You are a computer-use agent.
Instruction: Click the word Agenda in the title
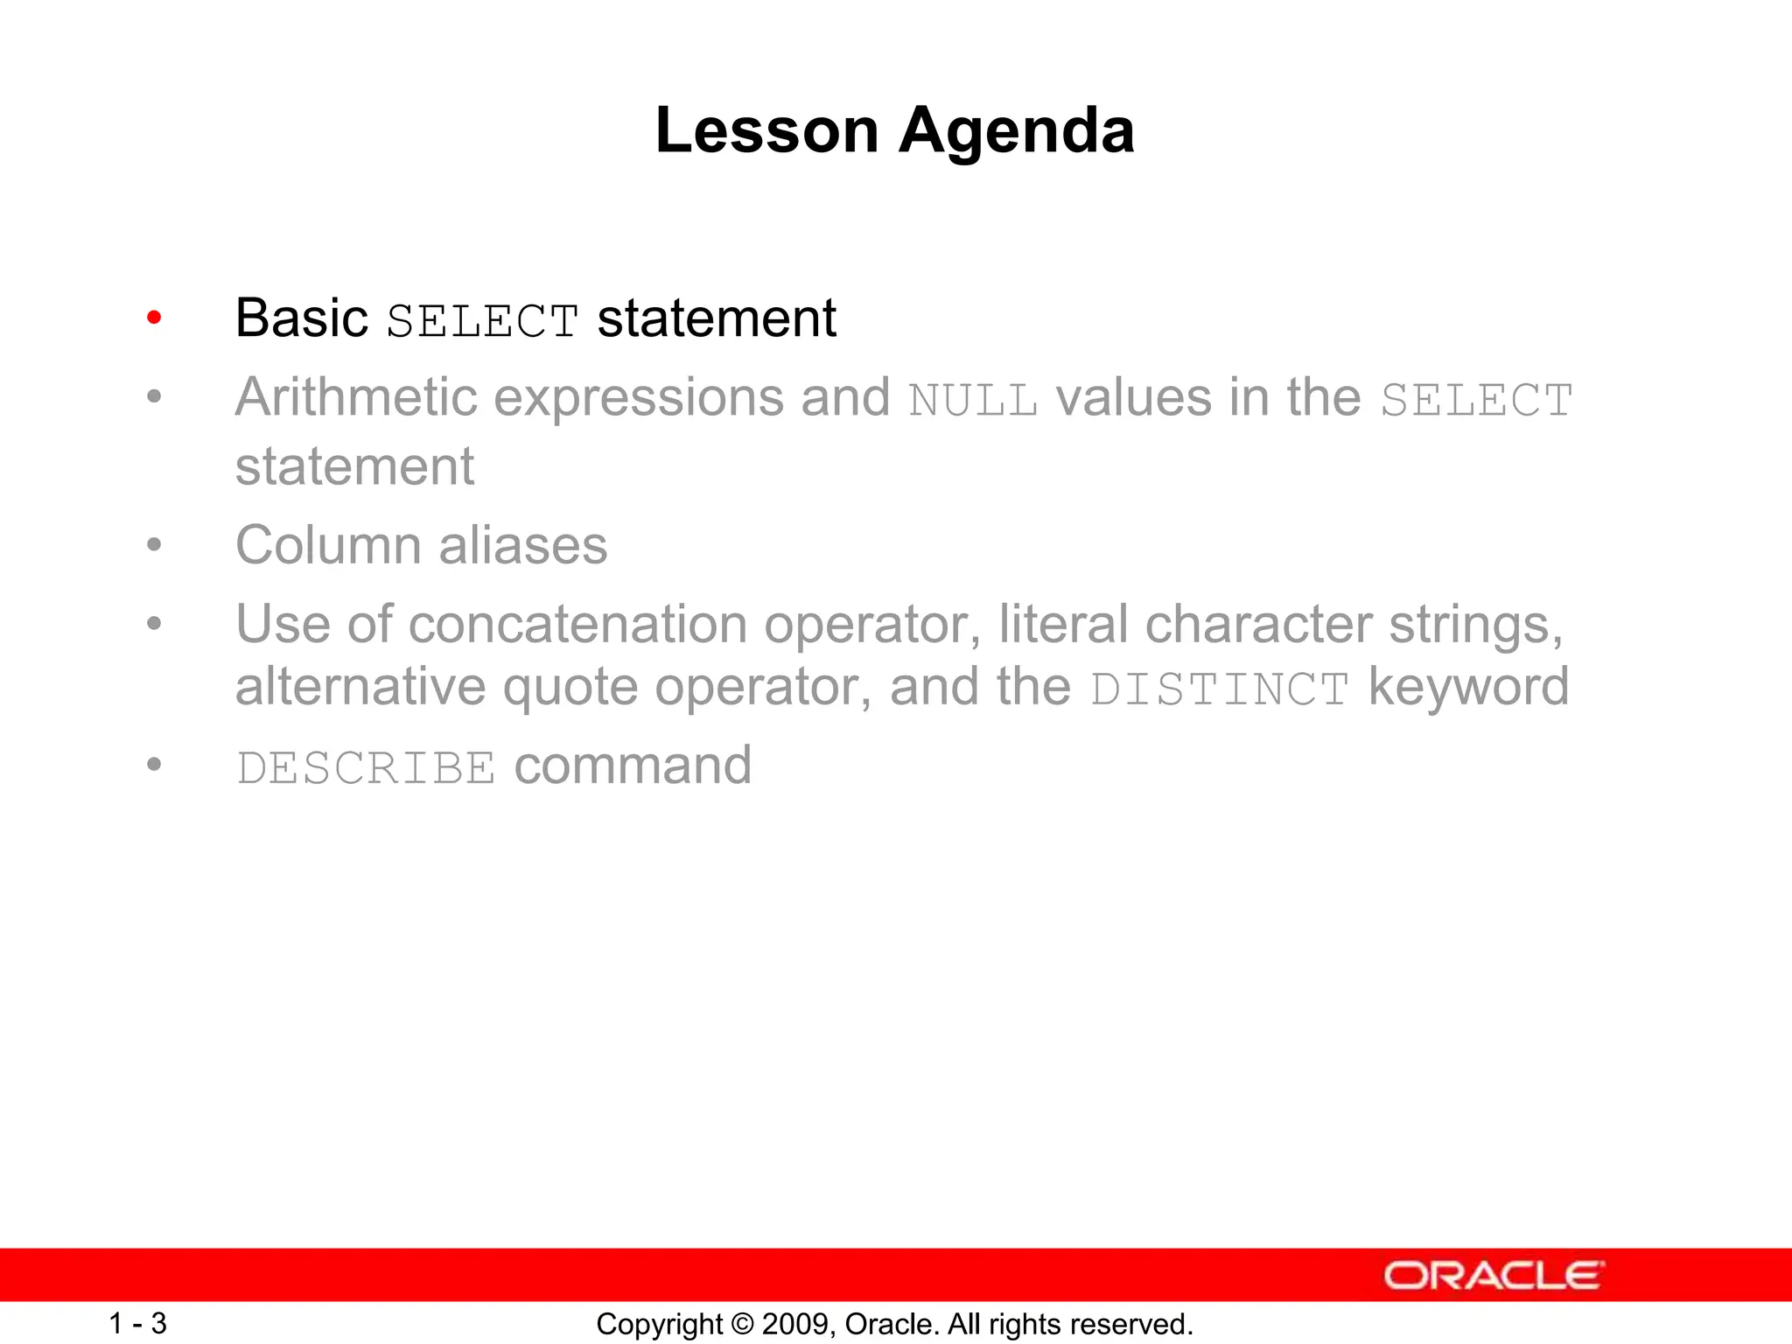1017,131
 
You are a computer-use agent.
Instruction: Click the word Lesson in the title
766,131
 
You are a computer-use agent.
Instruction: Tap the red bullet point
154,318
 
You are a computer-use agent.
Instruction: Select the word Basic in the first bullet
301,318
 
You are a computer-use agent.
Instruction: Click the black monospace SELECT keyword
482,321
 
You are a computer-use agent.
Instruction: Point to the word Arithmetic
355,398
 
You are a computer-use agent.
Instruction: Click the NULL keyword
973,402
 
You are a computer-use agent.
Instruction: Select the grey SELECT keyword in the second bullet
1476,402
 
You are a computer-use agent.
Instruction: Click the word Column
328,546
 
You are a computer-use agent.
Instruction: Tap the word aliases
522,546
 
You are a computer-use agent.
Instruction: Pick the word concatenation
577,625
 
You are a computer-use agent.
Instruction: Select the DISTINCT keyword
1220,690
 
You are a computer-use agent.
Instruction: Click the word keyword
1468,687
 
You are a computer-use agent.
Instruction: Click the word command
633,766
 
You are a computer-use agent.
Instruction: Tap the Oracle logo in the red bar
1493,1276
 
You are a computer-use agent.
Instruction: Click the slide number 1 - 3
137,1323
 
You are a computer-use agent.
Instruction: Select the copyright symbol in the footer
742,1324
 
